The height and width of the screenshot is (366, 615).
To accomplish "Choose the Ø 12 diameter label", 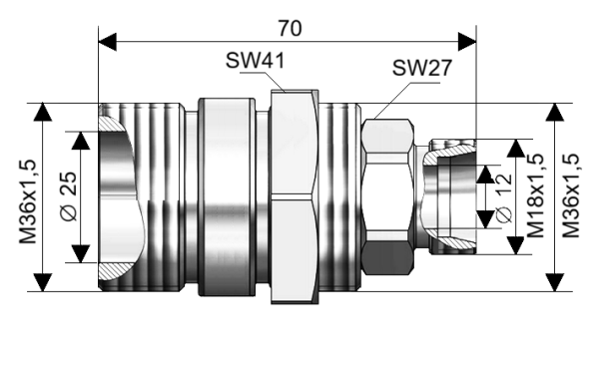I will click(503, 196).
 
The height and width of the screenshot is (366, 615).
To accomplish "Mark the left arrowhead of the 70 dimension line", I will click(108, 41).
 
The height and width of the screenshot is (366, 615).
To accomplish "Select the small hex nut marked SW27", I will click(386, 195).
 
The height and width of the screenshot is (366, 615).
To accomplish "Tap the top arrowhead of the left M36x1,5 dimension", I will click(42, 110).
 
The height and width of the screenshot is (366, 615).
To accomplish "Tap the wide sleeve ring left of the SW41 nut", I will click(227, 195).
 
